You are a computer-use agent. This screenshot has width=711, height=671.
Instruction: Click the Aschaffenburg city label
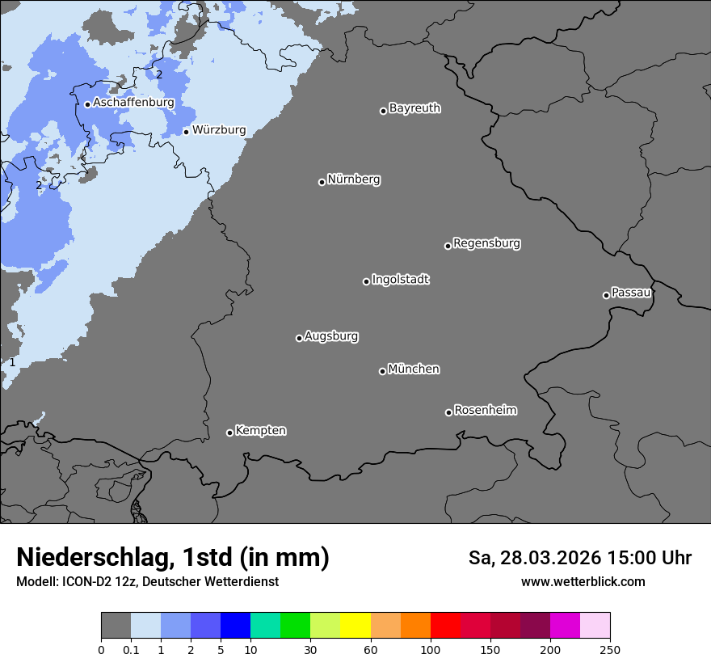point(133,103)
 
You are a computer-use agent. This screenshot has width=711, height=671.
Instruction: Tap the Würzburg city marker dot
point(186,132)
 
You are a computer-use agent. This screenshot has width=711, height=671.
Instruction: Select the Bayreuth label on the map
point(414,108)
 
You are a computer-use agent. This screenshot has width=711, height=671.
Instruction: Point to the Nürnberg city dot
point(322,182)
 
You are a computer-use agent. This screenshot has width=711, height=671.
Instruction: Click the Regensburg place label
point(486,243)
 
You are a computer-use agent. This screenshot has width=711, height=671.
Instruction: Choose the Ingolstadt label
point(400,280)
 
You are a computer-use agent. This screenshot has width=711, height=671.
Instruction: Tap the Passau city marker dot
point(606,295)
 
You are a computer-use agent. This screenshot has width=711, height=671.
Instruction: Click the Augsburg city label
point(331,336)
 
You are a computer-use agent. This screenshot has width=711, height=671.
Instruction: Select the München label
point(414,369)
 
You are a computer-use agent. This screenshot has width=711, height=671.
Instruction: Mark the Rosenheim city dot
point(448,413)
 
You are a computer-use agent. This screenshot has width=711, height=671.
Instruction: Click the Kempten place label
point(260,430)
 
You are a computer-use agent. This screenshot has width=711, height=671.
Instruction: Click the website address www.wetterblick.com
point(583,581)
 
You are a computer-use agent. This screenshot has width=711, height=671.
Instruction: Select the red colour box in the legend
point(445,626)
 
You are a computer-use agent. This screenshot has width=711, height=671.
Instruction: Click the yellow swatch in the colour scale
point(355,626)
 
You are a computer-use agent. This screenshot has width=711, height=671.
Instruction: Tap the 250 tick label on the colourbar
point(609,649)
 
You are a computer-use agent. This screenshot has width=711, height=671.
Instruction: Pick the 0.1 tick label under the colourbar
point(131,649)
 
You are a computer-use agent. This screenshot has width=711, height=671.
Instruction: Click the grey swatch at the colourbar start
point(116,626)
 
